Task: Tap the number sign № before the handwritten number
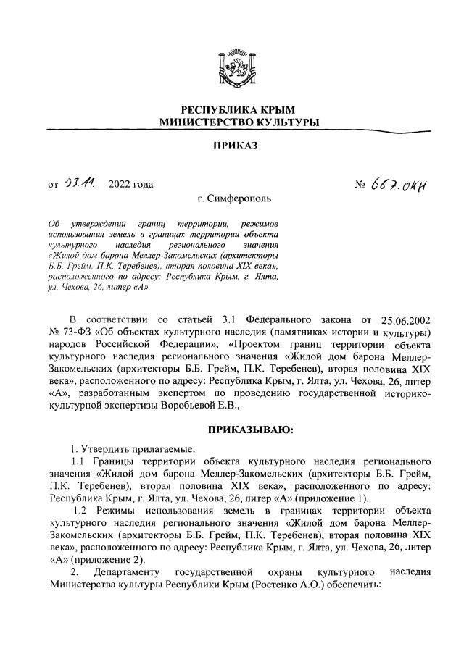(362, 185)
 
